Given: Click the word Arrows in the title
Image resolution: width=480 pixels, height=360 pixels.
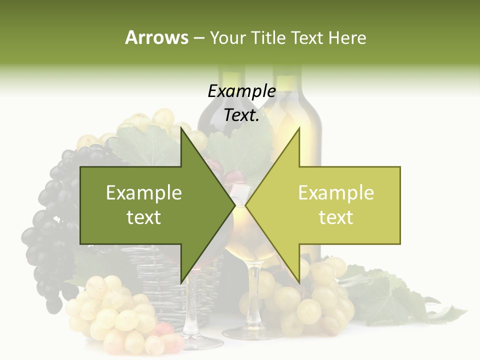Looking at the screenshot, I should coord(156,37).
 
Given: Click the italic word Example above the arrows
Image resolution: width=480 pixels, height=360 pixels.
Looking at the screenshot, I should coord(241,91).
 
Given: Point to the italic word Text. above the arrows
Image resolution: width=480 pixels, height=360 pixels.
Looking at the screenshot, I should coord(241,115).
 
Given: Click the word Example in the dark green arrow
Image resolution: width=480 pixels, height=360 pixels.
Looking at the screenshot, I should coord(144,193).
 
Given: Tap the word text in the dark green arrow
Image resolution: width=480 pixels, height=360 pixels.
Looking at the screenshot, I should coord(144,217).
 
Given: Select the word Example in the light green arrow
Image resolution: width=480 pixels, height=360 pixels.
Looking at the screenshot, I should coord(336,193).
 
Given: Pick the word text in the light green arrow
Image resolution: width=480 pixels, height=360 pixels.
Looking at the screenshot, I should coord(336,217).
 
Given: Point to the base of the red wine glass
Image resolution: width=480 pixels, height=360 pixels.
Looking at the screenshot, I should coord(202,342).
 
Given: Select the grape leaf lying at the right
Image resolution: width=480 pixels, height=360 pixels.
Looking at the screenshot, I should coord(395,295).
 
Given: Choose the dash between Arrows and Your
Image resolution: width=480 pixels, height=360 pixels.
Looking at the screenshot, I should coord(198,38).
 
